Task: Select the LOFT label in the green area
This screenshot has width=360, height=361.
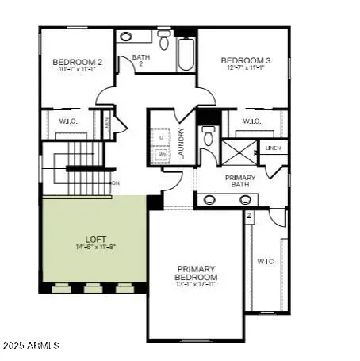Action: tap(95, 239)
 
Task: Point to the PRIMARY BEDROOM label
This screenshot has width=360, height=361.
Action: tap(197, 273)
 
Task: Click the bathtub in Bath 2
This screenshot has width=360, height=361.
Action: tap(185, 54)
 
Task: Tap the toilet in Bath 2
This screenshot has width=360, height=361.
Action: tap(164, 40)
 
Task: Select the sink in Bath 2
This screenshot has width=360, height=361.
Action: tap(126, 36)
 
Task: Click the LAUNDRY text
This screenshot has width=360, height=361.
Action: tap(182, 144)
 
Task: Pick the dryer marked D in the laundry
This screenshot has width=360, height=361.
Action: tap(162, 137)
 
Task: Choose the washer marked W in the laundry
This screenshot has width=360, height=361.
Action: tap(162, 155)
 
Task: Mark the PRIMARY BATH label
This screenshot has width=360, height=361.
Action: tap(239, 181)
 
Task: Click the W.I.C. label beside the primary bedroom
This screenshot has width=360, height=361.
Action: tap(265, 261)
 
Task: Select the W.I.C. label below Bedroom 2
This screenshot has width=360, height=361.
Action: tap(68, 121)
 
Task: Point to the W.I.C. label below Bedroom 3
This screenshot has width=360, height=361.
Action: tap(252, 121)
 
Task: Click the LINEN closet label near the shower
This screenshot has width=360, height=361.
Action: tap(273, 148)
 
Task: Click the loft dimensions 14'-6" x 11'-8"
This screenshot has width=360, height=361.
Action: tap(95, 247)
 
